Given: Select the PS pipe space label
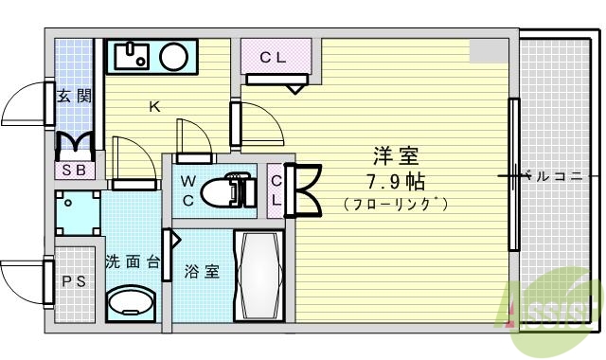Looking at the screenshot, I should pyautogui.click(x=73, y=281).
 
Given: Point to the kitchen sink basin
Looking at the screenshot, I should pyautogui.click(x=133, y=57).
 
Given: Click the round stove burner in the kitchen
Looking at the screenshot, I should pyautogui.click(x=173, y=58).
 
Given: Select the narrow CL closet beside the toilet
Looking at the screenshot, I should pyautogui.click(x=276, y=189).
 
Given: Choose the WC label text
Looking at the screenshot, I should pyautogui.click(x=188, y=189).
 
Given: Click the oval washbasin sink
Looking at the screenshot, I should pyautogui.click(x=130, y=305).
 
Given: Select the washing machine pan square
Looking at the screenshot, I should pyautogui.click(x=78, y=214).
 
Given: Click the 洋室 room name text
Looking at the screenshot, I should pyautogui.click(x=396, y=155).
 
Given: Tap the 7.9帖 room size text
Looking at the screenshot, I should pyautogui.click(x=395, y=179).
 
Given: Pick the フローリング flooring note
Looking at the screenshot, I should pyautogui.click(x=395, y=204).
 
